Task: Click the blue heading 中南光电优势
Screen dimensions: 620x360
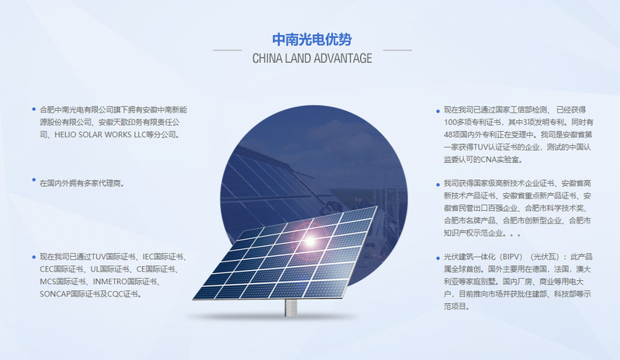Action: pos(312,40)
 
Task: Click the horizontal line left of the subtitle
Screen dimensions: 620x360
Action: pos(227,50)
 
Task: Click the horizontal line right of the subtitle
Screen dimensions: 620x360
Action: pos(397,50)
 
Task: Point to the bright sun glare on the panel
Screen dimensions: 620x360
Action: pos(310,240)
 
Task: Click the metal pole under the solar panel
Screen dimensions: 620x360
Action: pos(291,308)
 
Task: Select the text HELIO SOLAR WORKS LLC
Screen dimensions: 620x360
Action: pos(100,135)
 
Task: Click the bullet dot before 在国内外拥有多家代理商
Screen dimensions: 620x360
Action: pos(34,180)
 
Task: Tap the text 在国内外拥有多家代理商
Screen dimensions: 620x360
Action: pos(81,183)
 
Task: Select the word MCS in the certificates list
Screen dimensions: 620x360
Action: pos(47,282)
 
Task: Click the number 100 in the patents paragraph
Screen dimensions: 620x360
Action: pos(450,123)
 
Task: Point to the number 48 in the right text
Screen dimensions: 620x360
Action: pos(448,135)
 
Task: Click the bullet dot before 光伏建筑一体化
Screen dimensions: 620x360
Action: pos(438,258)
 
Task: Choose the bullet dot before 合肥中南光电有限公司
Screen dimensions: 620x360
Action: pos(34,109)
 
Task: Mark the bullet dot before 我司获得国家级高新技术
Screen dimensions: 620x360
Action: pos(438,185)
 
